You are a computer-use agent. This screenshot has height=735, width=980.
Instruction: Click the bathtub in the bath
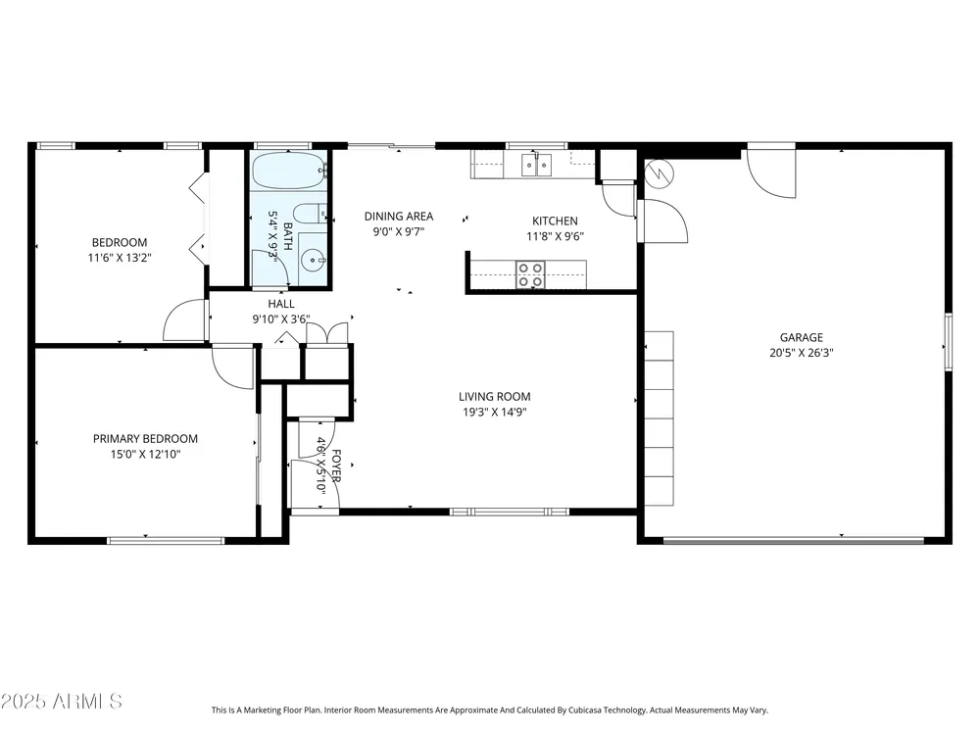pyautogui.click(x=290, y=170)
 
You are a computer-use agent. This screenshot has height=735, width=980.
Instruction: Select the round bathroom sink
pyautogui.click(x=312, y=259)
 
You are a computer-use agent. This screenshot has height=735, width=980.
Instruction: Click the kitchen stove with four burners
pyautogui.click(x=530, y=275)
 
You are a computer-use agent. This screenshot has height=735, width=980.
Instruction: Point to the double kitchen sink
pyautogui.click(x=537, y=165)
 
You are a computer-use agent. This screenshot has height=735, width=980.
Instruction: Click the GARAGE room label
pyautogui.click(x=802, y=337)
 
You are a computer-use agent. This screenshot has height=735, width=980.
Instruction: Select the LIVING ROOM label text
pyautogui.click(x=494, y=396)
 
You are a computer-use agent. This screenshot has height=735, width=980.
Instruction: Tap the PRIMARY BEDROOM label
pyautogui.click(x=146, y=439)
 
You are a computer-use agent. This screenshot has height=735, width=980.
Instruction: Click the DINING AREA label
pyautogui.click(x=399, y=217)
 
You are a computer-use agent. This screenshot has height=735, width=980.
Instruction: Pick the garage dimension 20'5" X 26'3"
pyautogui.click(x=802, y=353)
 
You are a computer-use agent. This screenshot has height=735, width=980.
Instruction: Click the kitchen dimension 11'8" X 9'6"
pyautogui.click(x=555, y=236)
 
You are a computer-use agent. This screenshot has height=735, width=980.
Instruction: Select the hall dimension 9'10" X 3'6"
pyautogui.click(x=281, y=319)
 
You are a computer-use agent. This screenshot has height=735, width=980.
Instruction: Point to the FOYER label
pyautogui.click(x=336, y=466)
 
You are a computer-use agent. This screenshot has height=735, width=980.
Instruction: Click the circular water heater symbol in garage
pyautogui.click(x=659, y=173)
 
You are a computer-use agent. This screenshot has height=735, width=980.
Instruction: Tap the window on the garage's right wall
pyautogui.click(x=948, y=342)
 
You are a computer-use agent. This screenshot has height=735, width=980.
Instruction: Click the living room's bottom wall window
pyautogui.click(x=510, y=512)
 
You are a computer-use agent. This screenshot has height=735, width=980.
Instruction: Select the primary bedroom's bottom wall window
pyautogui.click(x=166, y=541)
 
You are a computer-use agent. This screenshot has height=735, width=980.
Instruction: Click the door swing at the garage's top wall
pyautogui.click(x=771, y=171)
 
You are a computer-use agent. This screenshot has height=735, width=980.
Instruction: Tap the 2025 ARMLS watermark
pyautogui.click(x=61, y=702)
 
